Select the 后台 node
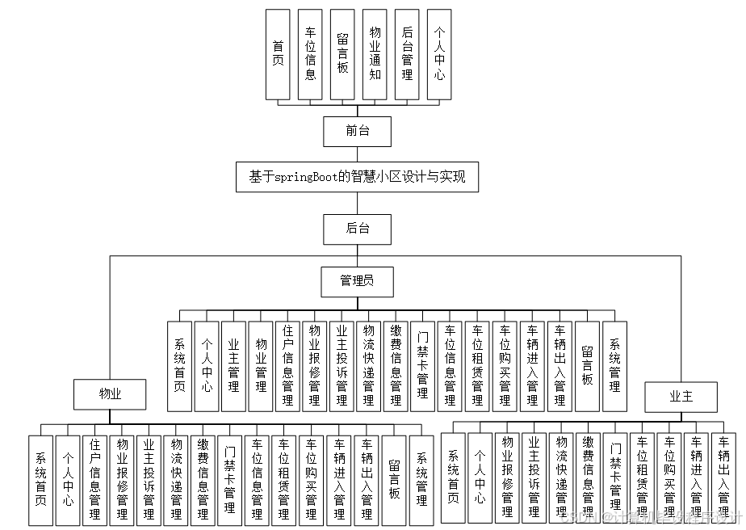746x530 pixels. click(357, 229)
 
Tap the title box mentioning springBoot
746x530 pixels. click(357, 177)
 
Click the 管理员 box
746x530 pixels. click(357, 281)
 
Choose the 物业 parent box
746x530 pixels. click(109, 394)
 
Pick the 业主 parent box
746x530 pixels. click(681, 396)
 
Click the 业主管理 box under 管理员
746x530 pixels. click(234, 367)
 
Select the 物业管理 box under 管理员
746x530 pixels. click(261, 367)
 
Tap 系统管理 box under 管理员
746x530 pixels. click(614, 367)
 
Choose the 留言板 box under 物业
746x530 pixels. click(394, 480)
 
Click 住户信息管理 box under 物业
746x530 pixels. click(95, 480)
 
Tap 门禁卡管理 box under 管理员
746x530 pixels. click(423, 367)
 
